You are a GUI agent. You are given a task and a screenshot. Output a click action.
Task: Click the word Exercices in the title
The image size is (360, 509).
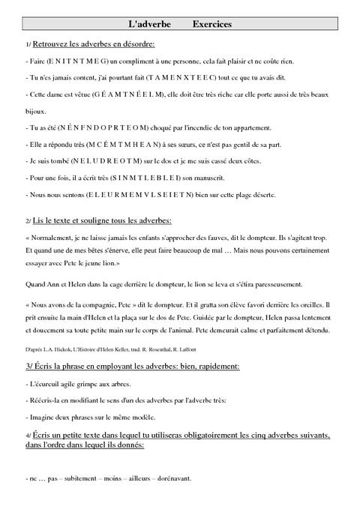tap(211, 25)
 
